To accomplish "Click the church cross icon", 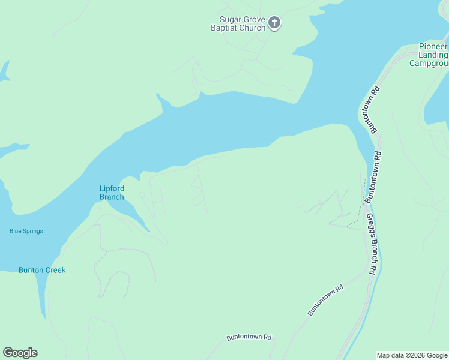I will coord(274,23).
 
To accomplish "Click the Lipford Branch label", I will coord(112,193).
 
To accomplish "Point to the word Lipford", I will coord(112,188).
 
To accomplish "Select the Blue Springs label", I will coord(26,231).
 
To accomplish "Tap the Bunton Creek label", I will coord(42,270).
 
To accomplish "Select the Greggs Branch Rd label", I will coord(372,244).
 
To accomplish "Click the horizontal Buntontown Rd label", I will coord(249,338).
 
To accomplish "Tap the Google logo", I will coord(20,353).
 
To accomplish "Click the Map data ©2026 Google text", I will coord(411,355).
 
